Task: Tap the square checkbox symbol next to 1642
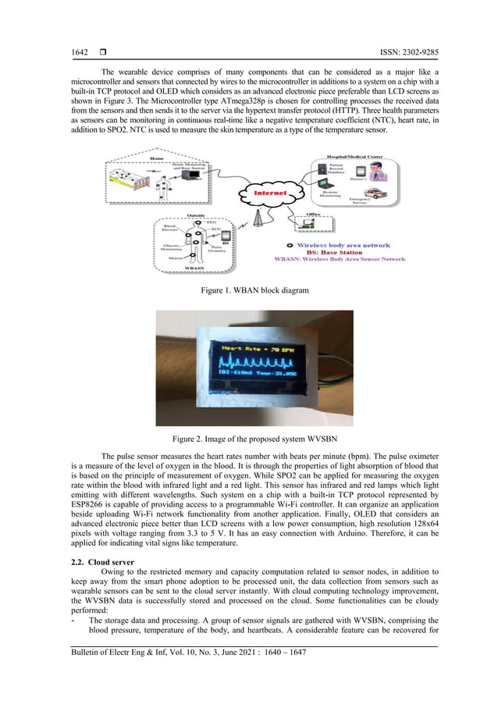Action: [102, 52]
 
